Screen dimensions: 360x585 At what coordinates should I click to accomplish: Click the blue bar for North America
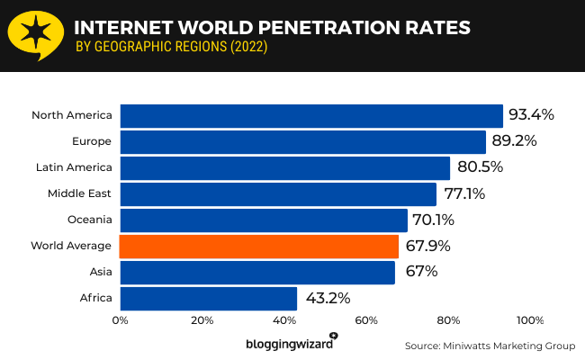(x=310, y=116)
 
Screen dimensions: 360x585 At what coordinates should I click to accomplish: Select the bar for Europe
(x=302, y=142)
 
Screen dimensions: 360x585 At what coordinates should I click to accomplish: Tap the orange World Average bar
(x=258, y=247)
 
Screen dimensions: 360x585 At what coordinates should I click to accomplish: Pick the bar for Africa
(x=208, y=299)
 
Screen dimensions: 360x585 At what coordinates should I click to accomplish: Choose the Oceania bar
(x=263, y=220)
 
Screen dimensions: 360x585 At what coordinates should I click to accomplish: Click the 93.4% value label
(x=531, y=115)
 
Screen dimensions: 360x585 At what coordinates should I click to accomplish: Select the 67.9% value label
(x=427, y=246)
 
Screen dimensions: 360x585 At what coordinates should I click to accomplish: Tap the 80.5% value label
(x=479, y=167)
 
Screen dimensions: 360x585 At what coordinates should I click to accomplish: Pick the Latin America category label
(x=75, y=167)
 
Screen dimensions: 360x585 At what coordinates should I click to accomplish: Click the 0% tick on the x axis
(x=120, y=320)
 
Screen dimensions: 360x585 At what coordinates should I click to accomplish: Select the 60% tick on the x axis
(x=366, y=320)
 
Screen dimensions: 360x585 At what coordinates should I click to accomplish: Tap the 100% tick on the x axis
(x=529, y=320)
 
